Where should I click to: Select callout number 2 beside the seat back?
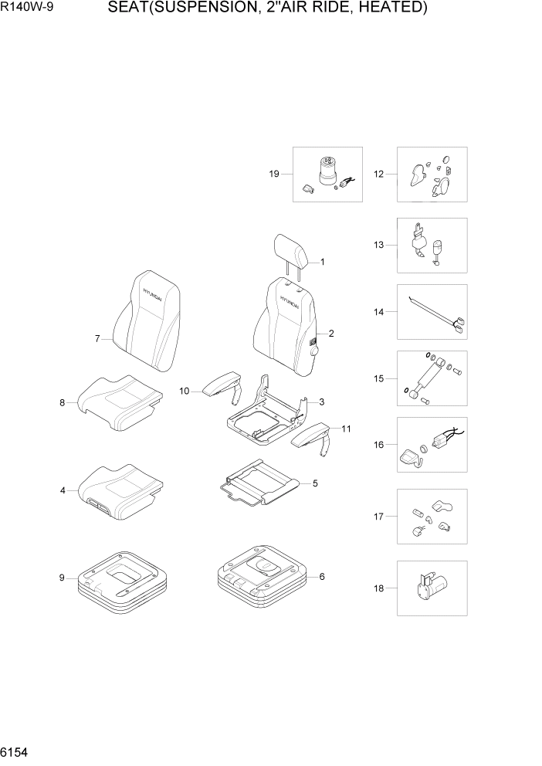(331, 334)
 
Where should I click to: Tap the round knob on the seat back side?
(313, 352)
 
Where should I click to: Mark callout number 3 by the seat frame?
(321, 402)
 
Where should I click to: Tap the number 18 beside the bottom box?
(378, 588)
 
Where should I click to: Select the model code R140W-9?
(24, 8)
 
